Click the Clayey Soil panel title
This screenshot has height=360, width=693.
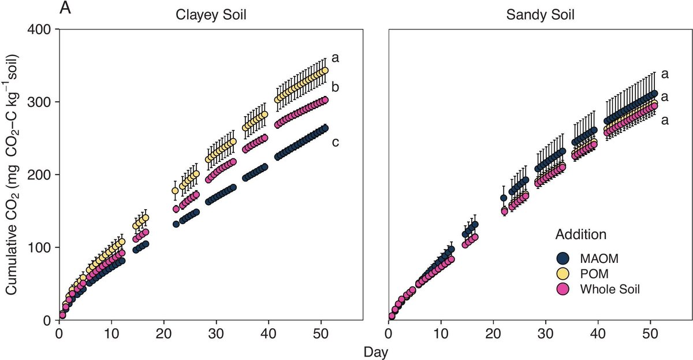coord(211,15)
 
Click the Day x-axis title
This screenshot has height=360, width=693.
coord(375,351)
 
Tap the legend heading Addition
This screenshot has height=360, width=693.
coord(580,235)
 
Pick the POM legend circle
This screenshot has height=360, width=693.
coord(563,274)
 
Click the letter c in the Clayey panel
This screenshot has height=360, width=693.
coord(335,142)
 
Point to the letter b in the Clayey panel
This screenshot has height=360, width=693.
coord(335,88)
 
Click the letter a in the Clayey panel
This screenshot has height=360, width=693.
coord(335,58)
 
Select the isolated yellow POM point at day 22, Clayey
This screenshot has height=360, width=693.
coord(176,191)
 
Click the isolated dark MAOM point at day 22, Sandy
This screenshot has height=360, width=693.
coord(504,198)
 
